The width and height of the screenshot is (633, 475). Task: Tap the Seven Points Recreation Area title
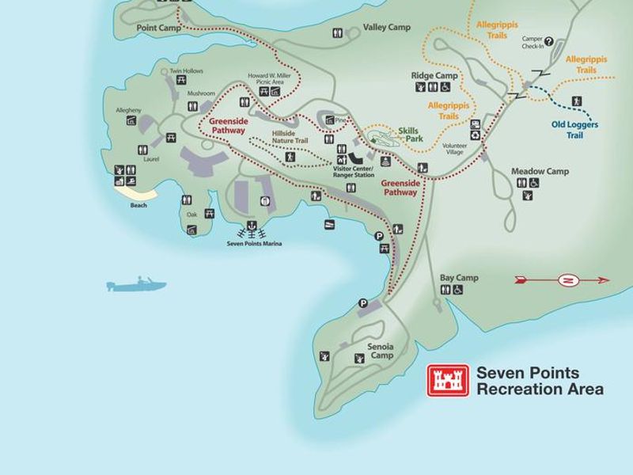pos(539,381)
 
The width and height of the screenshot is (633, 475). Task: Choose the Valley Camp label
pos(387,28)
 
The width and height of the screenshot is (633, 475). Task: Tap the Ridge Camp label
pos(434,75)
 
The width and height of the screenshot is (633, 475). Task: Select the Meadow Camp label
pos(540,171)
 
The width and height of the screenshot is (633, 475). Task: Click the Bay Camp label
pos(459,278)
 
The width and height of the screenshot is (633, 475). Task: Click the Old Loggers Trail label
pos(575,128)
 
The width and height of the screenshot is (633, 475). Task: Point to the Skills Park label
pos(410,134)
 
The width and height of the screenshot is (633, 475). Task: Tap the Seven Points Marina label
pos(254,244)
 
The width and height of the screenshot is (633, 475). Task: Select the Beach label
pos(138,206)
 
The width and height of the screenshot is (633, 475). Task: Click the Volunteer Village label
pos(454,149)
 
